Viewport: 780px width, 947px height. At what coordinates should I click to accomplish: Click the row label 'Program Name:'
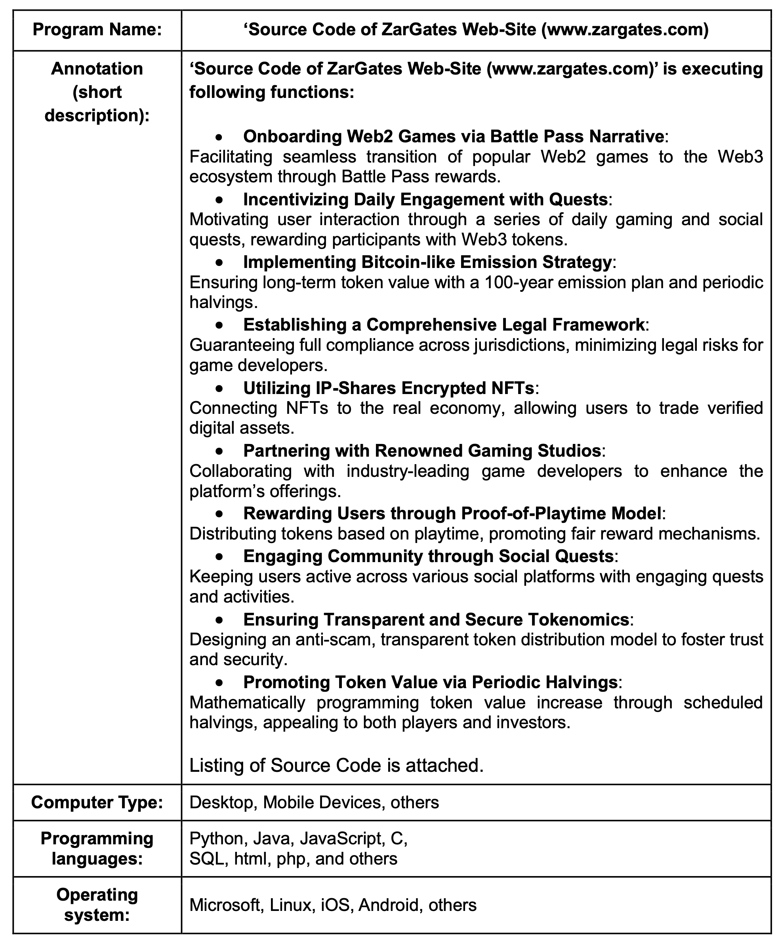click(97, 30)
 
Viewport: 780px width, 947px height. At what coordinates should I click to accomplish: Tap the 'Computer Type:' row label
click(97, 802)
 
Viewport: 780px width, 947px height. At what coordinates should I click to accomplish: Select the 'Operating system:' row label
click(97, 905)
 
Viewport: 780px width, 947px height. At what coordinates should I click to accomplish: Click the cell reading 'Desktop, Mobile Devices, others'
click(314, 802)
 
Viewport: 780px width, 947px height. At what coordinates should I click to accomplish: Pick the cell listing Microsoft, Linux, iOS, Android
click(332, 905)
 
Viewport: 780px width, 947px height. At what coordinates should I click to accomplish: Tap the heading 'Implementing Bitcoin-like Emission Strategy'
click(427, 262)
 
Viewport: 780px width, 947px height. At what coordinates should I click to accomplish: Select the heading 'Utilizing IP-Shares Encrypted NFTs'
click(389, 388)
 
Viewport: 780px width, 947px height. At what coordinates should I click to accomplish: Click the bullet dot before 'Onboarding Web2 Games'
click(219, 137)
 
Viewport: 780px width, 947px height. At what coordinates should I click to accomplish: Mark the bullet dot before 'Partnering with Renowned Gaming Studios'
click(219, 451)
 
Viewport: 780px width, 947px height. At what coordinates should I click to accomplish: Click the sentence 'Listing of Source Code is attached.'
click(336, 765)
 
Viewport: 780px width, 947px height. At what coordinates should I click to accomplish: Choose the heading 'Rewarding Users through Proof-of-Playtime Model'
click(452, 513)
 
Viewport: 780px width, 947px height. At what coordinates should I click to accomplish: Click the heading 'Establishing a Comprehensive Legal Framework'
click(444, 325)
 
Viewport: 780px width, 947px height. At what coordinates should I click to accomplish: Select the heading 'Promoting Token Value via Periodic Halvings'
click(430, 682)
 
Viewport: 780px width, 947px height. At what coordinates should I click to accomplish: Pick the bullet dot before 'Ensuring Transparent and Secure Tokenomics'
click(219, 620)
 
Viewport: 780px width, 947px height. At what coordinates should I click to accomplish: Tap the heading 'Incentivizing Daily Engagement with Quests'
click(425, 199)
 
